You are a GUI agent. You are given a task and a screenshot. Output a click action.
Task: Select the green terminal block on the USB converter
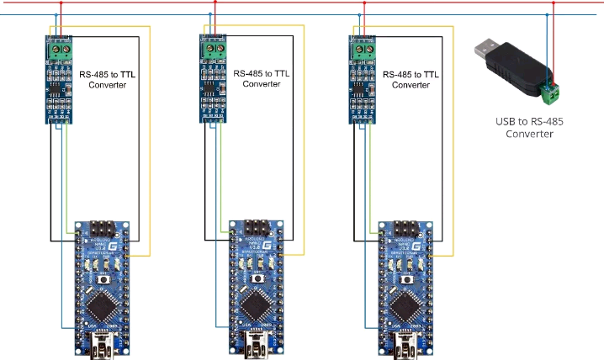pos(550,92)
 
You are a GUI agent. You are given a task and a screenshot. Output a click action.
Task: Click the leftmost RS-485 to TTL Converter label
pos(109,79)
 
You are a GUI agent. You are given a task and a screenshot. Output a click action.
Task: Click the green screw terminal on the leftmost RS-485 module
pos(60,50)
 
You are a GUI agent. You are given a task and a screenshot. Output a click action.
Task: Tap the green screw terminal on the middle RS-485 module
pos(215,50)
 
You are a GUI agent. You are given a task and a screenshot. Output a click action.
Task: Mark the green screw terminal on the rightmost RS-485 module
pos(363,50)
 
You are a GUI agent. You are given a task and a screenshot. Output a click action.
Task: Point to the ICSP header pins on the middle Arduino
pos(256,228)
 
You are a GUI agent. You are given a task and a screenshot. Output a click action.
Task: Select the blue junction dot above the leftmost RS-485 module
pos(56,15)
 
